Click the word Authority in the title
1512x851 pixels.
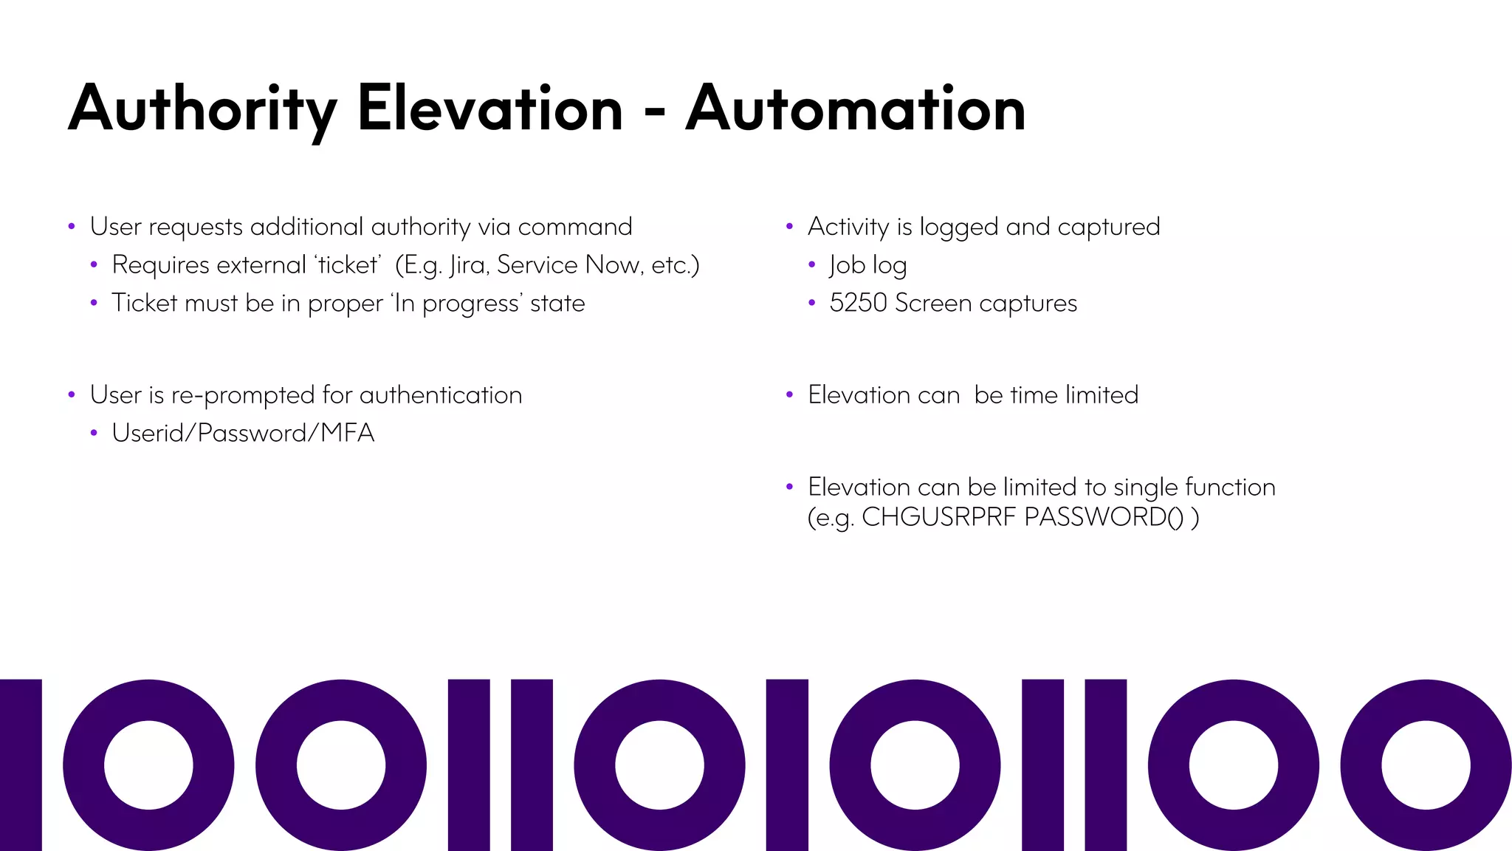[x=202, y=109]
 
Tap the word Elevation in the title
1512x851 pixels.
[x=490, y=109]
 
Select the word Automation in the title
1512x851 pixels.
[x=856, y=109]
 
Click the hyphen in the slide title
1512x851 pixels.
[x=654, y=112]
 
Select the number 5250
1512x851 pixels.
[x=859, y=303]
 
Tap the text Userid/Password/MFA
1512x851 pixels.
[x=243, y=433]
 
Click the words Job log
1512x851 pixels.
[x=867, y=265]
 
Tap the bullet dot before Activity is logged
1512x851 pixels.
[x=789, y=227]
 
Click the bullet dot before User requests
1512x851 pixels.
[x=72, y=227]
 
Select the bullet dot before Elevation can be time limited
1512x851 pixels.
[x=789, y=395]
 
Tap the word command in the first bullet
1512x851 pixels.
[x=574, y=227]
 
